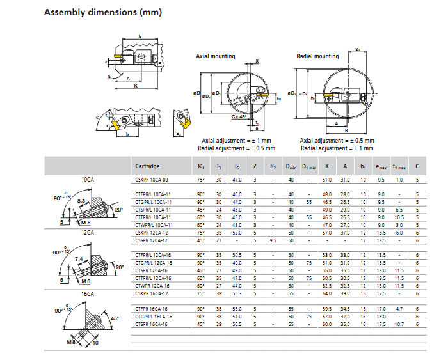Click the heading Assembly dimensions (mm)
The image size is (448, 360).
[x=102, y=12]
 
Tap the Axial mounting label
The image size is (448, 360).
[x=215, y=56]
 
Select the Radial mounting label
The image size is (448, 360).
[x=317, y=56]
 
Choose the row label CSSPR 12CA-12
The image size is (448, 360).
[x=152, y=240]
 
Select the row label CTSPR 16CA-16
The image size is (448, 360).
[x=152, y=324]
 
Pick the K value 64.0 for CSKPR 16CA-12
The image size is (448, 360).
[x=327, y=293]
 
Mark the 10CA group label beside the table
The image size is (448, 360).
[x=88, y=180]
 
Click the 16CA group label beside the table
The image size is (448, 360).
[x=88, y=293]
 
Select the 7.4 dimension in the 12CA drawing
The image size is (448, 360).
[x=78, y=258]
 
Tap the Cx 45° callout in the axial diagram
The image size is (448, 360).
[x=240, y=118]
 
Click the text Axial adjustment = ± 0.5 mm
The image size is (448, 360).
[x=337, y=141]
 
